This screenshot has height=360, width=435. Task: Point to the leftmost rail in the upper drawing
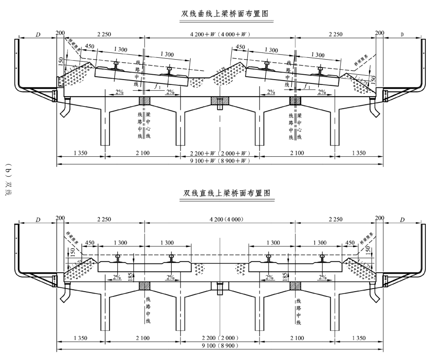point(116,65)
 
